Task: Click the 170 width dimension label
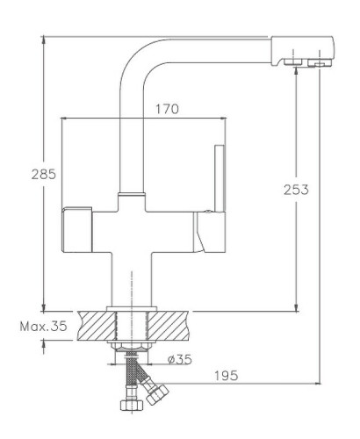click(167, 110)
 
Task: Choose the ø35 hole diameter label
click(178, 359)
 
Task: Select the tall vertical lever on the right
click(217, 176)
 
